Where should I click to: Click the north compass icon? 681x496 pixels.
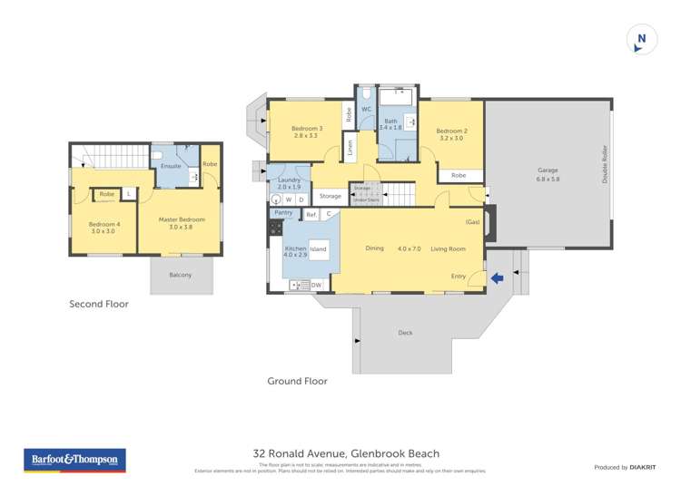click(642, 40)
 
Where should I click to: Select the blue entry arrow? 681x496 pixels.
click(497, 278)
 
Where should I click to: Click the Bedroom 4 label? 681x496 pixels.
click(104, 227)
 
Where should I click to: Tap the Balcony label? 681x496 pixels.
click(181, 275)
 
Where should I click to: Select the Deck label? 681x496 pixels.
click(405, 333)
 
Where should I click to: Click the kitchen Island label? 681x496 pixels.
click(318, 248)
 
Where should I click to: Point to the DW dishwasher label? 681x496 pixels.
click(316, 286)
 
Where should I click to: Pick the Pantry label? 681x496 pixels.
click(283, 213)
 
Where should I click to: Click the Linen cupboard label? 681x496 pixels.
click(350, 149)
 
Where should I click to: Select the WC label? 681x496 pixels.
click(367, 110)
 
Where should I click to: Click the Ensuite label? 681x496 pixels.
click(171, 167)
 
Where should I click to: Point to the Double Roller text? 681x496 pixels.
click(604, 164)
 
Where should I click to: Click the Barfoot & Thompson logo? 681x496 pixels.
click(75, 460)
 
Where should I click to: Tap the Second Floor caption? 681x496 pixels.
click(99, 305)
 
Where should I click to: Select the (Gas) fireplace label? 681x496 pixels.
click(472, 222)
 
